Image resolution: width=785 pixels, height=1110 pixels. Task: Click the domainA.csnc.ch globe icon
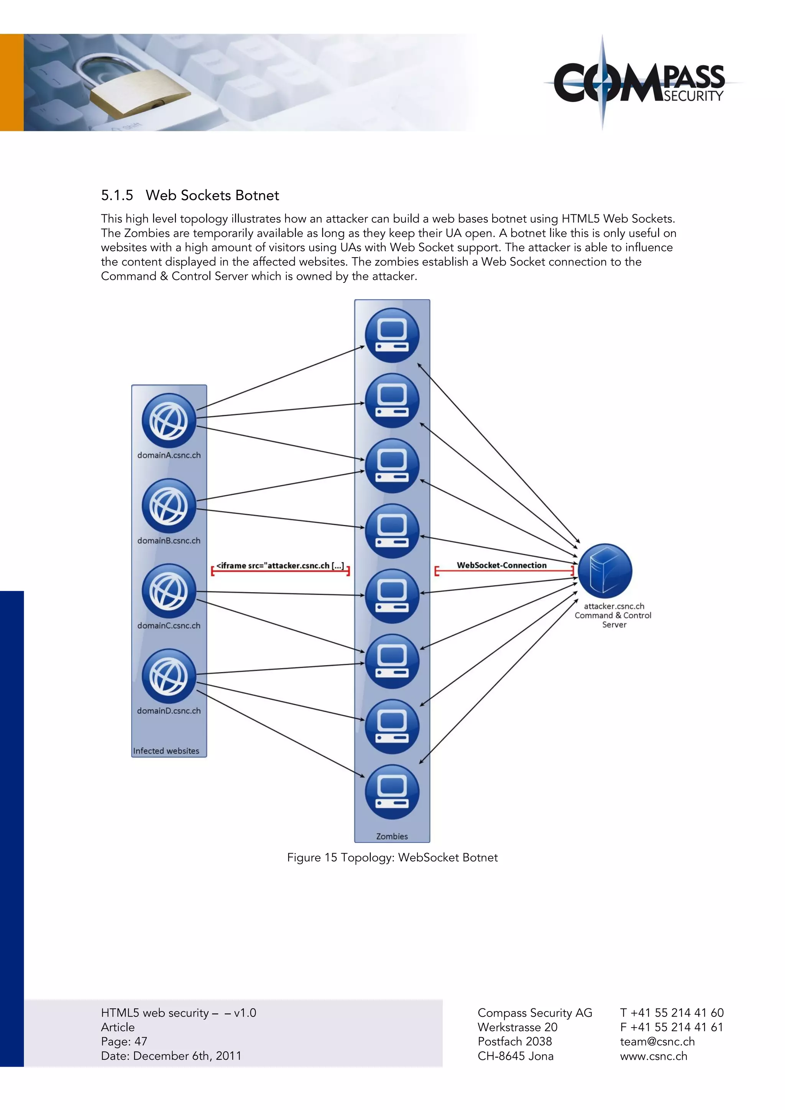click(x=169, y=420)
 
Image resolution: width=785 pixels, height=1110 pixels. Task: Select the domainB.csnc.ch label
click(x=169, y=540)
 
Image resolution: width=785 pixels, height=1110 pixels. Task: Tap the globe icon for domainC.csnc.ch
click(x=169, y=591)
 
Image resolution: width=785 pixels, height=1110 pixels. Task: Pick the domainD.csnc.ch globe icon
click(x=169, y=676)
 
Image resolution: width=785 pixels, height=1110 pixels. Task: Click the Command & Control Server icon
click(x=605, y=570)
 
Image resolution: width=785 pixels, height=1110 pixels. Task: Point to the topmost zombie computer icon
click(x=392, y=335)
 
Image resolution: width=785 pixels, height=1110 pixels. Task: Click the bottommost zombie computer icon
click(x=392, y=792)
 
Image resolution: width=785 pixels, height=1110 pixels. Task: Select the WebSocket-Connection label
click(x=502, y=565)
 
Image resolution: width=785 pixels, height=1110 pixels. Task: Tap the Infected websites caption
click(x=166, y=751)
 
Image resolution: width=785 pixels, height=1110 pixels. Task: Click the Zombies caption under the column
click(x=392, y=836)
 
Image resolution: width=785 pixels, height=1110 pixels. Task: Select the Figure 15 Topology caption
click(x=392, y=857)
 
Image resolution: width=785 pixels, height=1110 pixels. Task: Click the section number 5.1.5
click(x=117, y=195)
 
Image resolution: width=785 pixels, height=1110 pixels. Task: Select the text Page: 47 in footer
click(x=124, y=1041)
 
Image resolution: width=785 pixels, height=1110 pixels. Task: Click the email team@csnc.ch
click(x=657, y=1041)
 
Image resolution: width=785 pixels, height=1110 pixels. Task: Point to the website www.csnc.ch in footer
click(x=654, y=1056)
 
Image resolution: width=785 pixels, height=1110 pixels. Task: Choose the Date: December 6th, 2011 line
click(x=171, y=1056)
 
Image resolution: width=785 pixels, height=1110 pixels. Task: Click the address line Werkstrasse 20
click(x=517, y=1027)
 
